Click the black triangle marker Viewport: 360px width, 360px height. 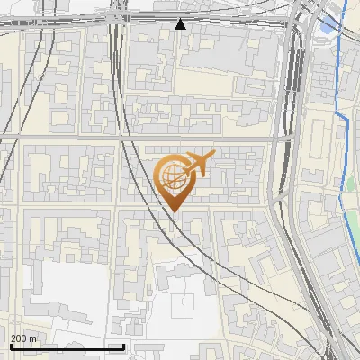(181, 24)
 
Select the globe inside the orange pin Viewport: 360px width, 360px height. (172, 175)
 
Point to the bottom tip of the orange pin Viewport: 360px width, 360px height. (172, 211)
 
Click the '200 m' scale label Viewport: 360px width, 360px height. (23, 338)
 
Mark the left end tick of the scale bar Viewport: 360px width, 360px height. (11, 346)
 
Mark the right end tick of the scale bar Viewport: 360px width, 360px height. (123, 346)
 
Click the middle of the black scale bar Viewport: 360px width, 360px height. (67, 346)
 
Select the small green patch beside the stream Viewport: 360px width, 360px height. (352, 184)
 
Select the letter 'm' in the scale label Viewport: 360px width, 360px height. (33, 338)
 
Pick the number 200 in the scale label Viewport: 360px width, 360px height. (19, 338)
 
